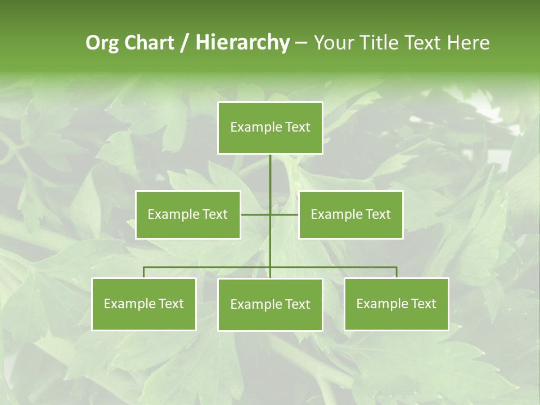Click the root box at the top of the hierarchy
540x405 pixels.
coord(270,128)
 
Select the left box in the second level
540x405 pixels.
coord(188,214)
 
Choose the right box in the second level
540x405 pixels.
coord(350,214)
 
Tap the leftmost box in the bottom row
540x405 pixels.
coord(144,304)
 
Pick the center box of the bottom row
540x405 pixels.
coord(270,304)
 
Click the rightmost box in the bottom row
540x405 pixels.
coord(397,304)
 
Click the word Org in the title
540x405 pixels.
coord(102,43)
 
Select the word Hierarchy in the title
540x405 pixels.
coord(242,43)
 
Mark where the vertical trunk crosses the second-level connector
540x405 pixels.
coord(270,214)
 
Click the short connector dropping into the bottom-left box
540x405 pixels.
coord(144,272)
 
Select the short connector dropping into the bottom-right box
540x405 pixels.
coord(397,272)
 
